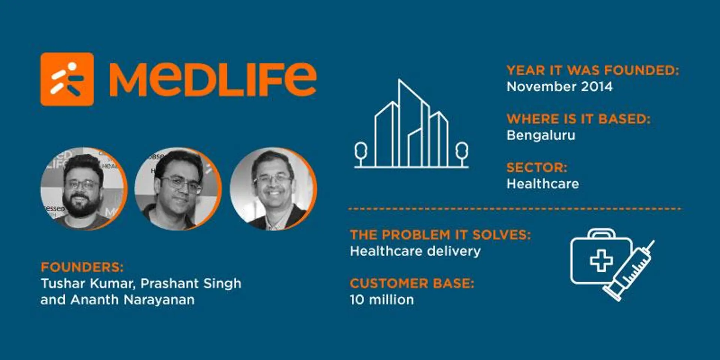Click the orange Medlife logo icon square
pyautogui.click(x=67, y=79)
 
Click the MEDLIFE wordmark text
pyautogui.click(x=213, y=79)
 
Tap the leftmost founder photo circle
pyautogui.click(x=84, y=188)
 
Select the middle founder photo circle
pyautogui.click(x=178, y=188)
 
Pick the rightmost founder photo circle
pyautogui.click(x=273, y=188)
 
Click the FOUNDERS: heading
pyautogui.click(x=82, y=267)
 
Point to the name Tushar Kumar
pyautogui.click(x=87, y=283)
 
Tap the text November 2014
pyautogui.click(x=559, y=87)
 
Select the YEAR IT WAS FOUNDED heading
pyautogui.click(x=592, y=70)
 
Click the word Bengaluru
pyautogui.click(x=540, y=135)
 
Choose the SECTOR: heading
pyautogui.click(x=537, y=168)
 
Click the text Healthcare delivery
pyautogui.click(x=415, y=251)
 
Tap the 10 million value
pyautogui.click(x=381, y=300)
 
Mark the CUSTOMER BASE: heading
pyautogui.click(x=412, y=283)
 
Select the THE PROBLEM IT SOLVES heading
pyautogui.click(x=440, y=235)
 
